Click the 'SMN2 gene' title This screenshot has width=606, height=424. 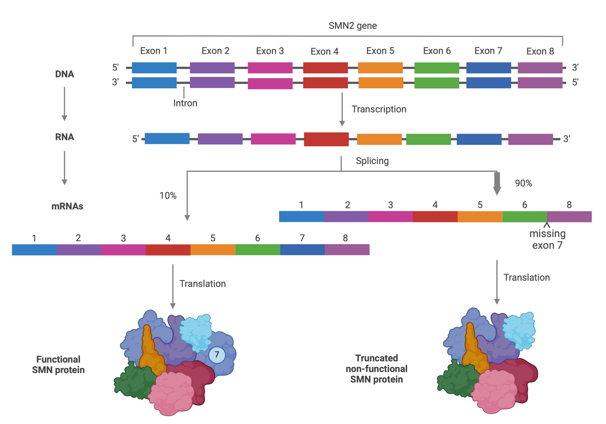click(352, 26)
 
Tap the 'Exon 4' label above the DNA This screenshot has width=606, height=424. click(324, 51)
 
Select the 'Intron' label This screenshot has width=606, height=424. click(185, 103)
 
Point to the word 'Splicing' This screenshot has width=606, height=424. click(372, 161)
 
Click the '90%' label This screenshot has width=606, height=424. click(523, 183)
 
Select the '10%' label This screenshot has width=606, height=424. click(168, 196)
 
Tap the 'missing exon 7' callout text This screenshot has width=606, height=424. click(547, 240)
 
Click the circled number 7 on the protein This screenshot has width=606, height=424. click(217, 355)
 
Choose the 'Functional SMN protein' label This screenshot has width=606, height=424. click(58, 365)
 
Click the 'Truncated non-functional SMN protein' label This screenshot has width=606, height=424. click(376, 369)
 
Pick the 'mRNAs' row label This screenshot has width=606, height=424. click(67, 206)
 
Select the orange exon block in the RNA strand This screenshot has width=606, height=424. click(379, 139)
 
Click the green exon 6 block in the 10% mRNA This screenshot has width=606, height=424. click(257, 250)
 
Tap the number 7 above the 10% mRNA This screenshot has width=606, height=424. click(302, 238)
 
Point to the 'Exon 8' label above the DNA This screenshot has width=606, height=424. click(540, 51)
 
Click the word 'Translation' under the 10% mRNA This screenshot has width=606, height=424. click(202, 284)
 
